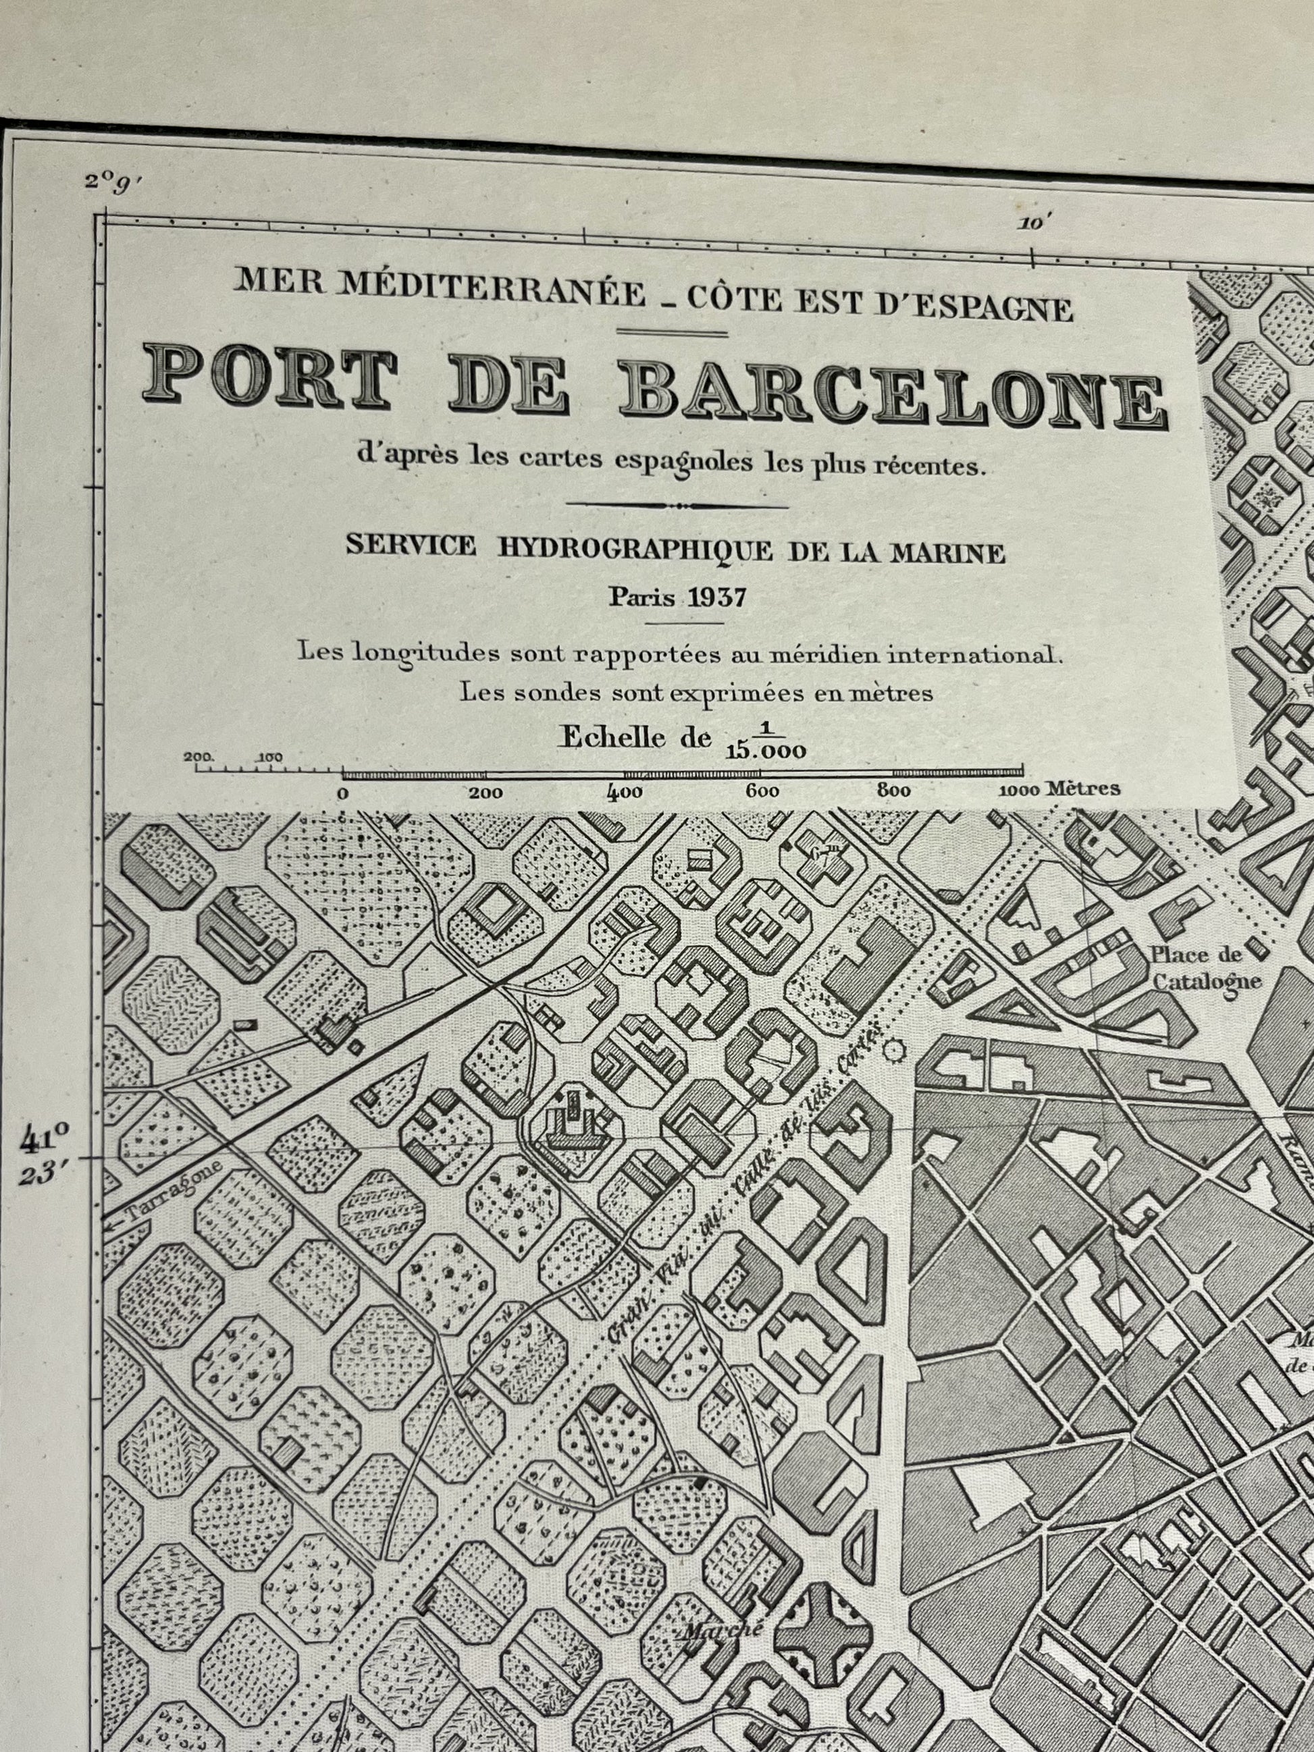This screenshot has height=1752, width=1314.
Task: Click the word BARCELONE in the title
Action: tap(893, 394)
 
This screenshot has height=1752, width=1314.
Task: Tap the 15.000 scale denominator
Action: tap(765, 751)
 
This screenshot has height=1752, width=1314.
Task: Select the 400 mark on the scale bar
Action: tap(626, 791)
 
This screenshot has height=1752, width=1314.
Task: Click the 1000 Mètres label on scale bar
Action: tap(1059, 789)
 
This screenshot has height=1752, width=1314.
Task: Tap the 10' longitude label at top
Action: tap(1033, 223)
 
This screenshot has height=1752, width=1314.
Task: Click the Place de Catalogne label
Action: tap(1205, 968)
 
